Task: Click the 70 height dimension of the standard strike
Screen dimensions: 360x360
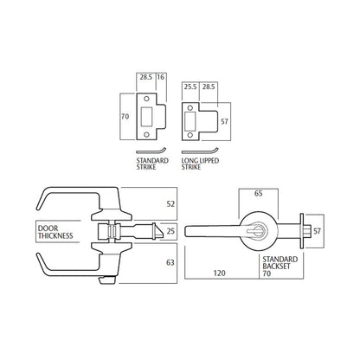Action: tap(125, 117)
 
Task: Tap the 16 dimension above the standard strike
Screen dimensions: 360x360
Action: tap(160, 77)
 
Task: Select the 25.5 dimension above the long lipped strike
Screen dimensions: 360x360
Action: tap(190, 87)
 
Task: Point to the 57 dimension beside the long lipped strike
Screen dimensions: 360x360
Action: tap(224, 121)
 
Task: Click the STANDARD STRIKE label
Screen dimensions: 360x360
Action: tap(152, 164)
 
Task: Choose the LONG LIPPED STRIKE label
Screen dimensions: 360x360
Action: tap(200, 164)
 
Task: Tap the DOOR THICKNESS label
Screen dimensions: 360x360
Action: tap(55, 232)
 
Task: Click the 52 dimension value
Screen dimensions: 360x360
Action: tap(170, 204)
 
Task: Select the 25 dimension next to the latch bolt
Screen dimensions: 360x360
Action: tap(170, 231)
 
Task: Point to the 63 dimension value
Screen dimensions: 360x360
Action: tap(170, 262)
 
